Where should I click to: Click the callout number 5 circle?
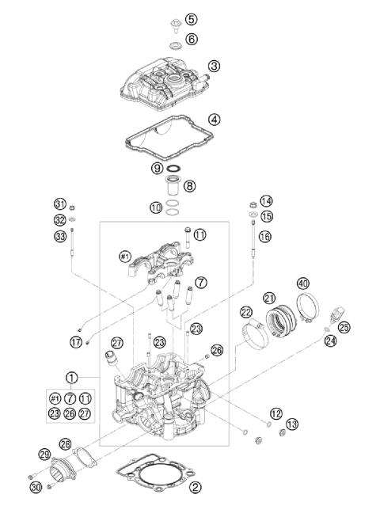(192, 18)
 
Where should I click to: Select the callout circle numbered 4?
(214, 120)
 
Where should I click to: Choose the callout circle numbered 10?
(157, 207)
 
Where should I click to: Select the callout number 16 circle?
(265, 236)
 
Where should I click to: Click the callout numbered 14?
(266, 201)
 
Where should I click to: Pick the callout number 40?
(302, 283)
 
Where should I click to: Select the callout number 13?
(292, 424)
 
